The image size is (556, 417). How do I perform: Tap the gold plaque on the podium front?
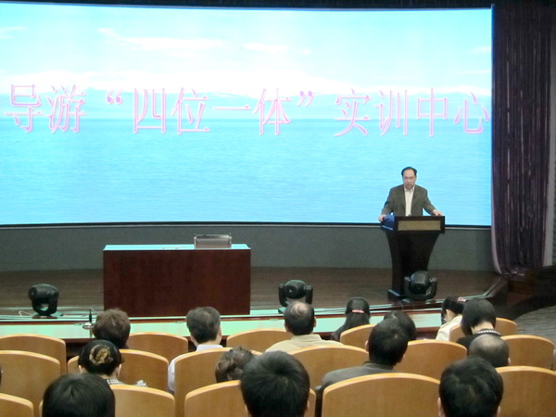pos(419,225)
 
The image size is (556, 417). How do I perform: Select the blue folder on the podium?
pos(388,221)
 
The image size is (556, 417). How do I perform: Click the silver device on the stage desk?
pos(212,241)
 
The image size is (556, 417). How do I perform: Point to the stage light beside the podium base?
pos(420,285)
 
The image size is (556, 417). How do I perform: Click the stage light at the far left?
pos(44,299)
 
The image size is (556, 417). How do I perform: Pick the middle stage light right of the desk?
pos(296,293)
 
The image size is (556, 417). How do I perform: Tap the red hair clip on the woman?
pos(358,311)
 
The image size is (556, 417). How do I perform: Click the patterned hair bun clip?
pos(101,355)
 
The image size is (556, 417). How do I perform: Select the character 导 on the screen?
pos(24,107)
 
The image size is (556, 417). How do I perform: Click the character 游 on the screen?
pos(68,108)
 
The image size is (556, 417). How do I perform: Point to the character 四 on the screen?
pos(149,110)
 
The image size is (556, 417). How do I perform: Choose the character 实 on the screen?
pos(353,113)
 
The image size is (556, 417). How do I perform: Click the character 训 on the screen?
pos(394,113)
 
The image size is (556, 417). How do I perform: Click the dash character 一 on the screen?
pos(234,106)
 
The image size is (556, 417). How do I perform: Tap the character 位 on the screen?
pos(190,111)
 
